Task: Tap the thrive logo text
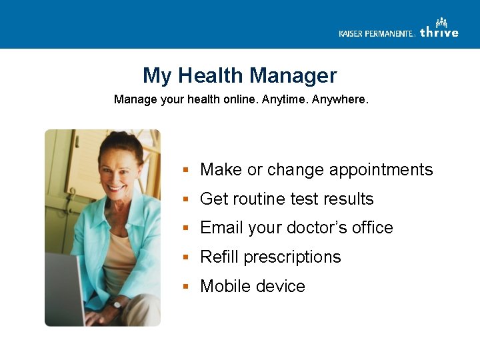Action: (x=439, y=33)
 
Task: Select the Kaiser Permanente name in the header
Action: (x=376, y=33)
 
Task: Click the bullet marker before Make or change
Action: (x=188, y=170)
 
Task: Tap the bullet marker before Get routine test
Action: (x=188, y=199)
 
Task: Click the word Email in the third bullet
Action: (x=222, y=228)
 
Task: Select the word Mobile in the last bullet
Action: (x=225, y=286)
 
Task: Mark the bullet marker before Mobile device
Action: (x=188, y=287)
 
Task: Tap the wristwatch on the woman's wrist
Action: (x=118, y=303)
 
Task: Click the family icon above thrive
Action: (x=441, y=23)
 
